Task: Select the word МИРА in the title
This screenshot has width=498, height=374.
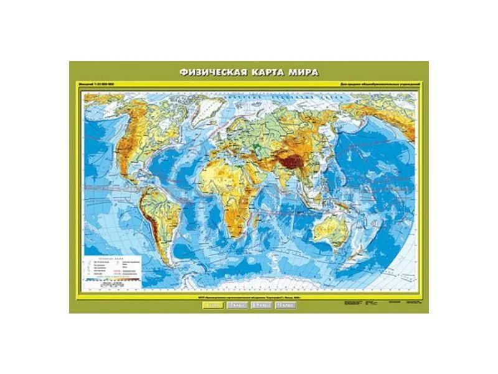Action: coord(304,72)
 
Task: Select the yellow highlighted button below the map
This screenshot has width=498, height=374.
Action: coord(212,305)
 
